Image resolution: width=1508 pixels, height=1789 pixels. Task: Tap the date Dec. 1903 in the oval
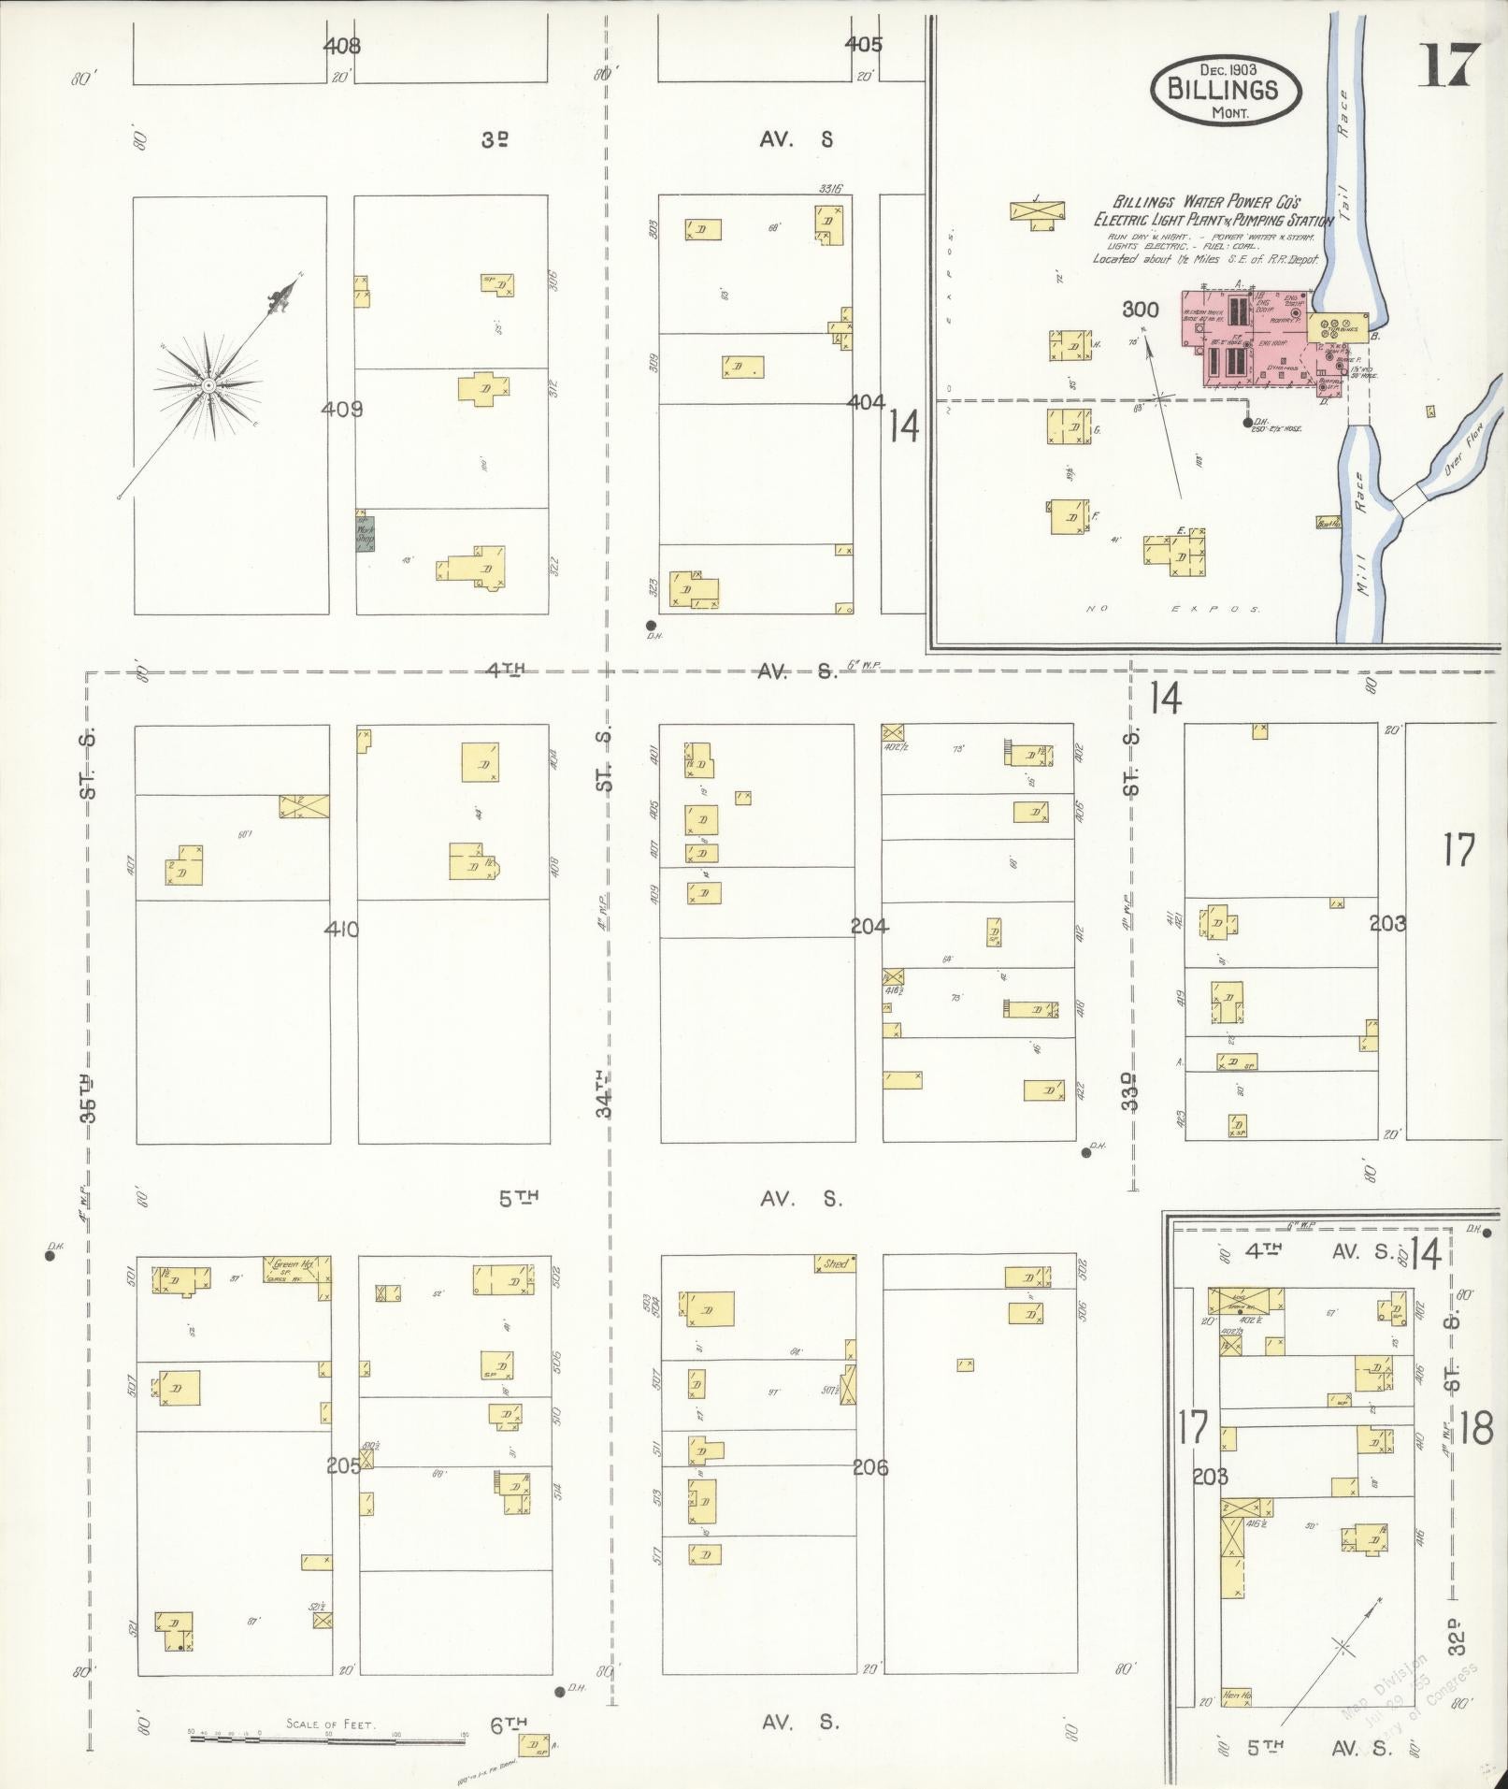(x=1225, y=69)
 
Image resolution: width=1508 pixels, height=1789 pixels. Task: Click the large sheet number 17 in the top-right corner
(x=1448, y=65)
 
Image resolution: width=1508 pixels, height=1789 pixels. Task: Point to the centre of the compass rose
(x=208, y=385)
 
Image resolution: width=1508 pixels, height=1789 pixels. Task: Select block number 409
(x=341, y=409)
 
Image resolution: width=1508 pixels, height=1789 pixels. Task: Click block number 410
(x=341, y=929)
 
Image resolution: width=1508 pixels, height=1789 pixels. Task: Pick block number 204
(x=869, y=927)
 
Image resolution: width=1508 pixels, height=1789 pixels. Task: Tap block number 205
(x=343, y=1465)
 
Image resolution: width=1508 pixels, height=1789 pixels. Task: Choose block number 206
(x=870, y=1467)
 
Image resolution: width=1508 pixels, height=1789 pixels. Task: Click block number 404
(x=866, y=402)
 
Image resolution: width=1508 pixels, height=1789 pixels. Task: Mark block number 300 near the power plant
(x=1141, y=310)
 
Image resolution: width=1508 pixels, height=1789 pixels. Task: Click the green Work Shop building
(x=364, y=534)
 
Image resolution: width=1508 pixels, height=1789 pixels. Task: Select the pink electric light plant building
(x=1253, y=341)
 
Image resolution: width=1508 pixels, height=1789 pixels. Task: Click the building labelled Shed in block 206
(x=834, y=1263)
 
